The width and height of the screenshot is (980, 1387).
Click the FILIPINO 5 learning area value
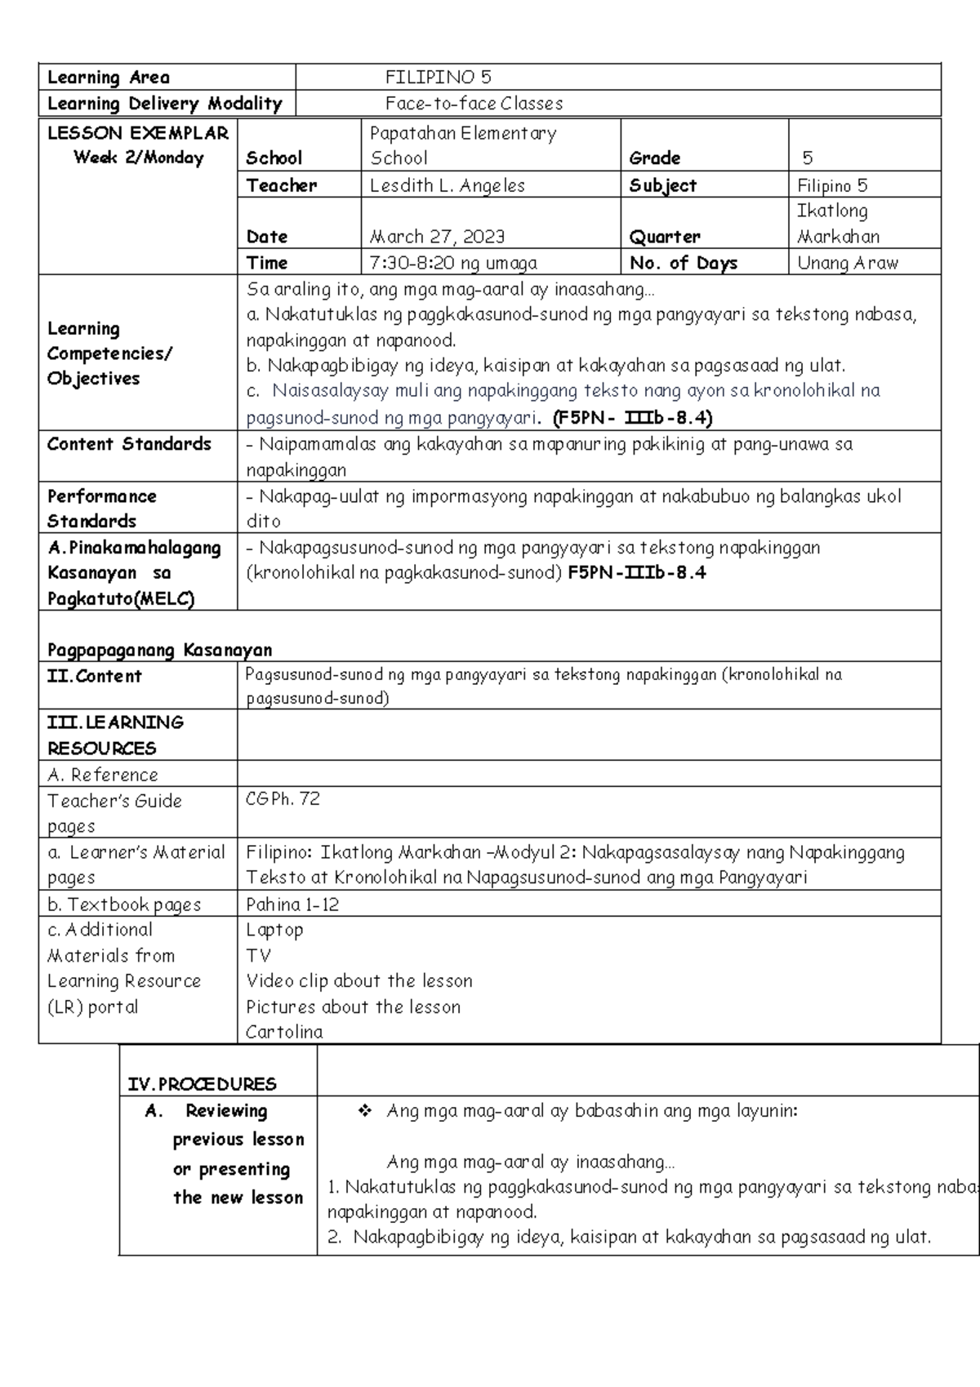(x=438, y=78)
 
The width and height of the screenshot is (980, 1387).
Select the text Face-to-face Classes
(x=474, y=104)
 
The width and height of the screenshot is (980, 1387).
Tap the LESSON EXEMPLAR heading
(x=138, y=133)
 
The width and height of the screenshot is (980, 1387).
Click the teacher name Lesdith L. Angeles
(x=447, y=185)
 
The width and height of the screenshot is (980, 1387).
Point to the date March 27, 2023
(x=437, y=237)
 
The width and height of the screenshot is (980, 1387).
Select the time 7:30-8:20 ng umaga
(x=453, y=263)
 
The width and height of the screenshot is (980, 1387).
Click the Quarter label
(x=664, y=237)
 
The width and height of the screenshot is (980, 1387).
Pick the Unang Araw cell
(x=847, y=263)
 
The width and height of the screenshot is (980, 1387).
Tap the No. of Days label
(x=683, y=263)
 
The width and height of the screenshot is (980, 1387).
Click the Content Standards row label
(x=129, y=444)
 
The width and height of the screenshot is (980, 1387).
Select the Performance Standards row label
(x=101, y=508)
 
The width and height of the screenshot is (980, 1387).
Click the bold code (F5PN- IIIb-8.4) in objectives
(x=632, y=419)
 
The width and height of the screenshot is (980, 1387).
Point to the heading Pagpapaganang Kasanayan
(x=159, y=650)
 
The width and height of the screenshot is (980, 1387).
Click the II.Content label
(x=94, y=676)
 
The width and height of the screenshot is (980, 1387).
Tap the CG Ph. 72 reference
(x=283, y=799)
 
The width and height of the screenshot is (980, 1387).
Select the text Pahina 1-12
(x=292, y=905)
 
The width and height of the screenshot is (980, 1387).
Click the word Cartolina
(x=283, y=1032)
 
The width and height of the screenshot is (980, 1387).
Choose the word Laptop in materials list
(x=274, y=930)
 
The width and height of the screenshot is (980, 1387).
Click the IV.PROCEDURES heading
(x=202, y=1084)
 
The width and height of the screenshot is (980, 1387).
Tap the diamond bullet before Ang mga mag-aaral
(x=364, y=1110)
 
